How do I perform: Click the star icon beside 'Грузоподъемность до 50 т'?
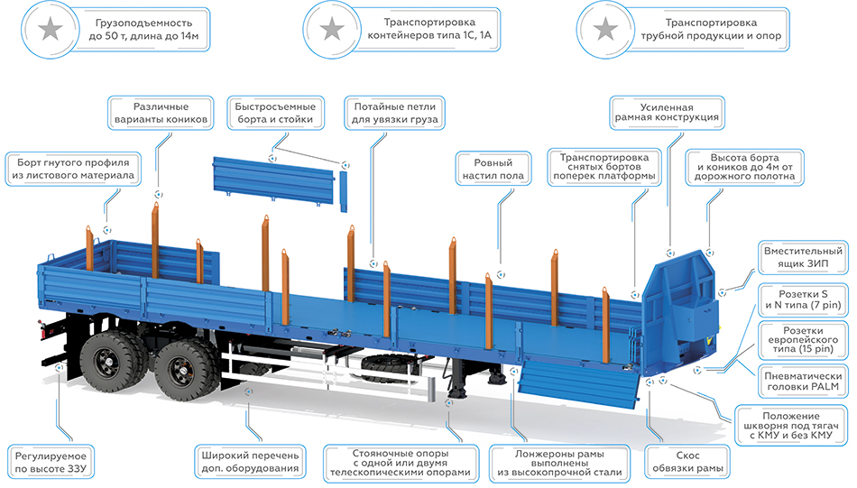coord(51,30)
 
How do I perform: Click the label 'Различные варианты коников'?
coord(159,112)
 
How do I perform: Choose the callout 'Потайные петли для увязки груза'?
coord(394,112)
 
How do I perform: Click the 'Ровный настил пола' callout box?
coord(493,166)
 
